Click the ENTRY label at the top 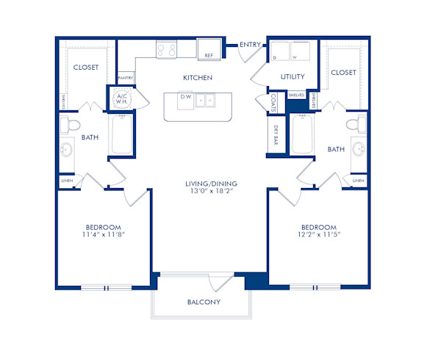coord(251,45)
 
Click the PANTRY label coord(125,77)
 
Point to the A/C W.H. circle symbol coord(121,99)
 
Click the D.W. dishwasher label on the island coord(186,96)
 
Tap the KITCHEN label coord(198,77)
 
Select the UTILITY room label coord(293,77)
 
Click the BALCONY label coord(204,302)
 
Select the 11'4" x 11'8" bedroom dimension coord(103,236)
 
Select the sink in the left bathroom coord(67,151)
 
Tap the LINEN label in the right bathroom coord(359,180)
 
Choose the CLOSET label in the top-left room coord(87,68)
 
